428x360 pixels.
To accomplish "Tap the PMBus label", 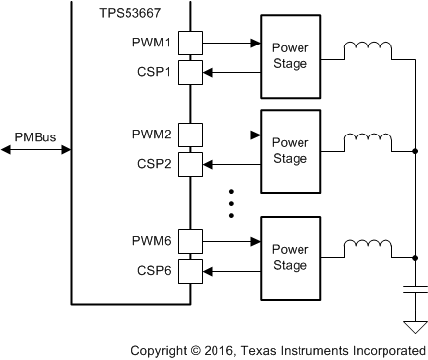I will [x=33, y=135].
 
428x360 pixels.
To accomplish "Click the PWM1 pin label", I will [x=151, y=44].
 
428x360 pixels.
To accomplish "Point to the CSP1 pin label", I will [x=153, y=71].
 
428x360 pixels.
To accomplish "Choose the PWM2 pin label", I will [x=151, y=134].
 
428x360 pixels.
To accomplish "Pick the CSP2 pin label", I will [x=153, y=161].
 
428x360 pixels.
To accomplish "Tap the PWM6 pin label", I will [x=151, y=239].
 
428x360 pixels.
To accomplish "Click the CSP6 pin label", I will [x=153, y=267].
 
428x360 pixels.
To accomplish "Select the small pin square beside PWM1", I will [x=191, y=44].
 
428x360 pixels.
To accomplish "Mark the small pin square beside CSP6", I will [x=191, y=267].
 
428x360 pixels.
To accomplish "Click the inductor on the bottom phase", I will [x=367, y=246].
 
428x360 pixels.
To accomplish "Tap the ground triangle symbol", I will [x=414, y=326].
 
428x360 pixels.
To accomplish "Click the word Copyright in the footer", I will [x=163, y=349].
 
